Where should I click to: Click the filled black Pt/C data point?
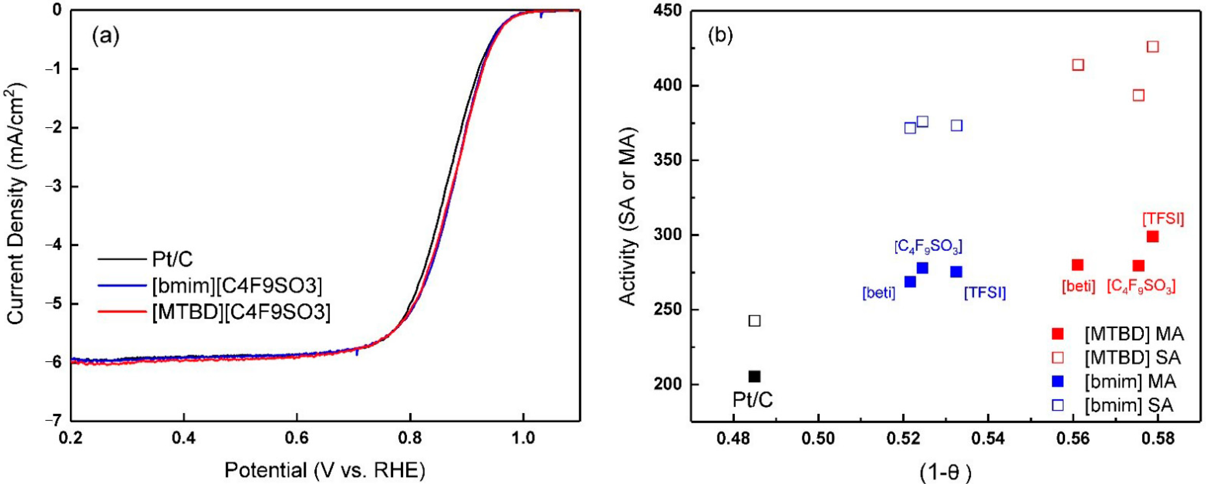coord(754,376)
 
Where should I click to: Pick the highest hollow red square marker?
coord(1153,47)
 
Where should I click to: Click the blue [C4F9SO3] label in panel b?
coord(928,247)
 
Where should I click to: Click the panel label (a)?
coord(106,36)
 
